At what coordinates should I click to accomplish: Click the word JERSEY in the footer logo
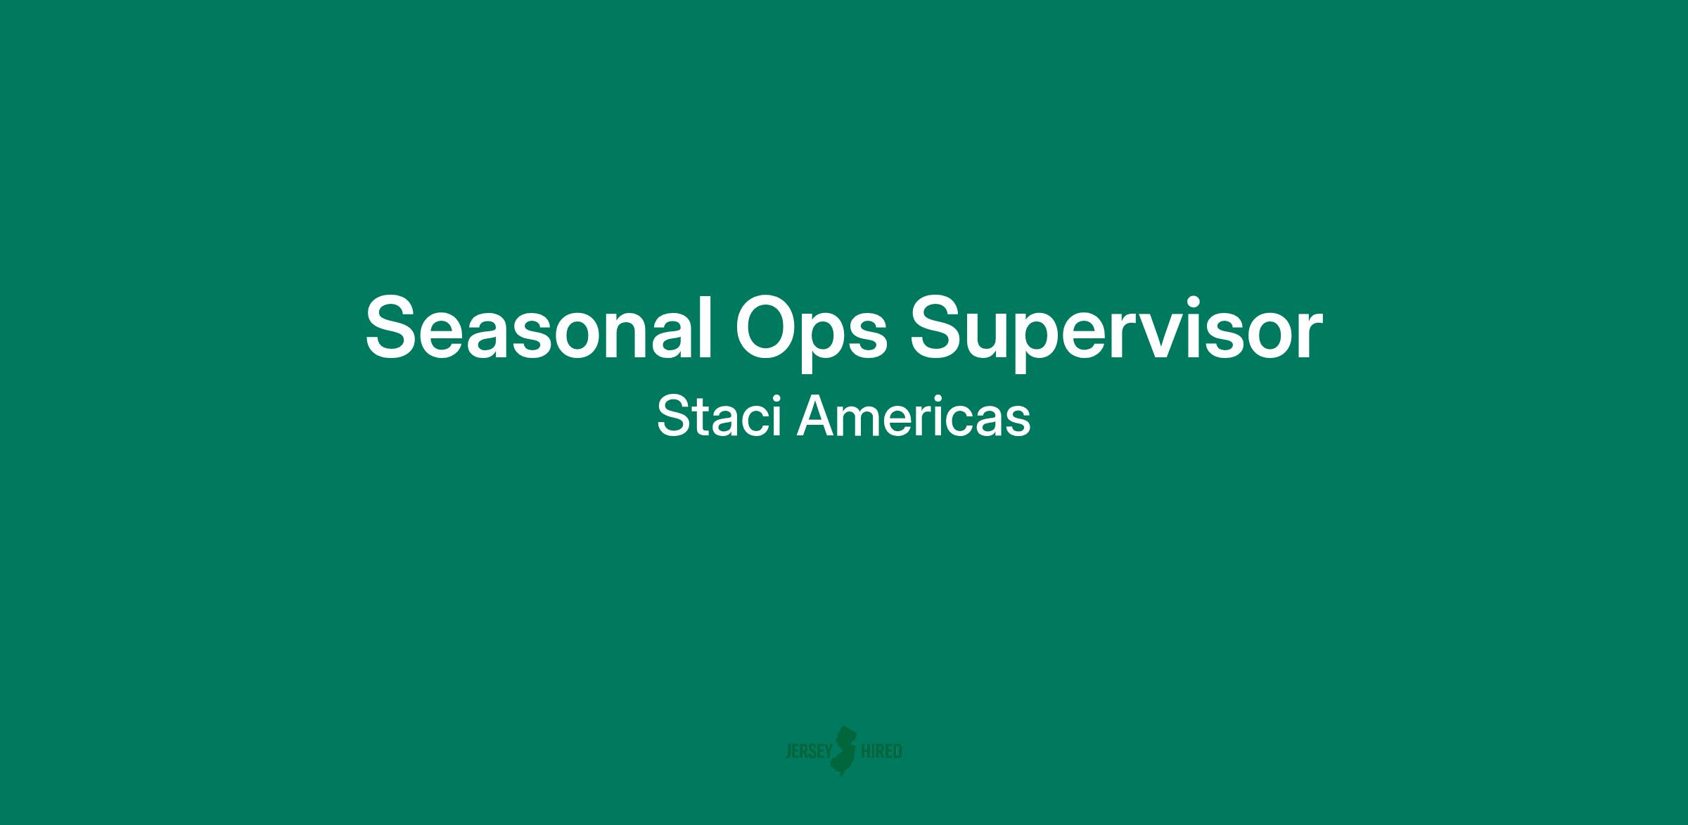pyautogui.click(x=808, y=752)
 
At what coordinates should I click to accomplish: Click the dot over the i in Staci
pyautogui.click(x=778, y=398)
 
